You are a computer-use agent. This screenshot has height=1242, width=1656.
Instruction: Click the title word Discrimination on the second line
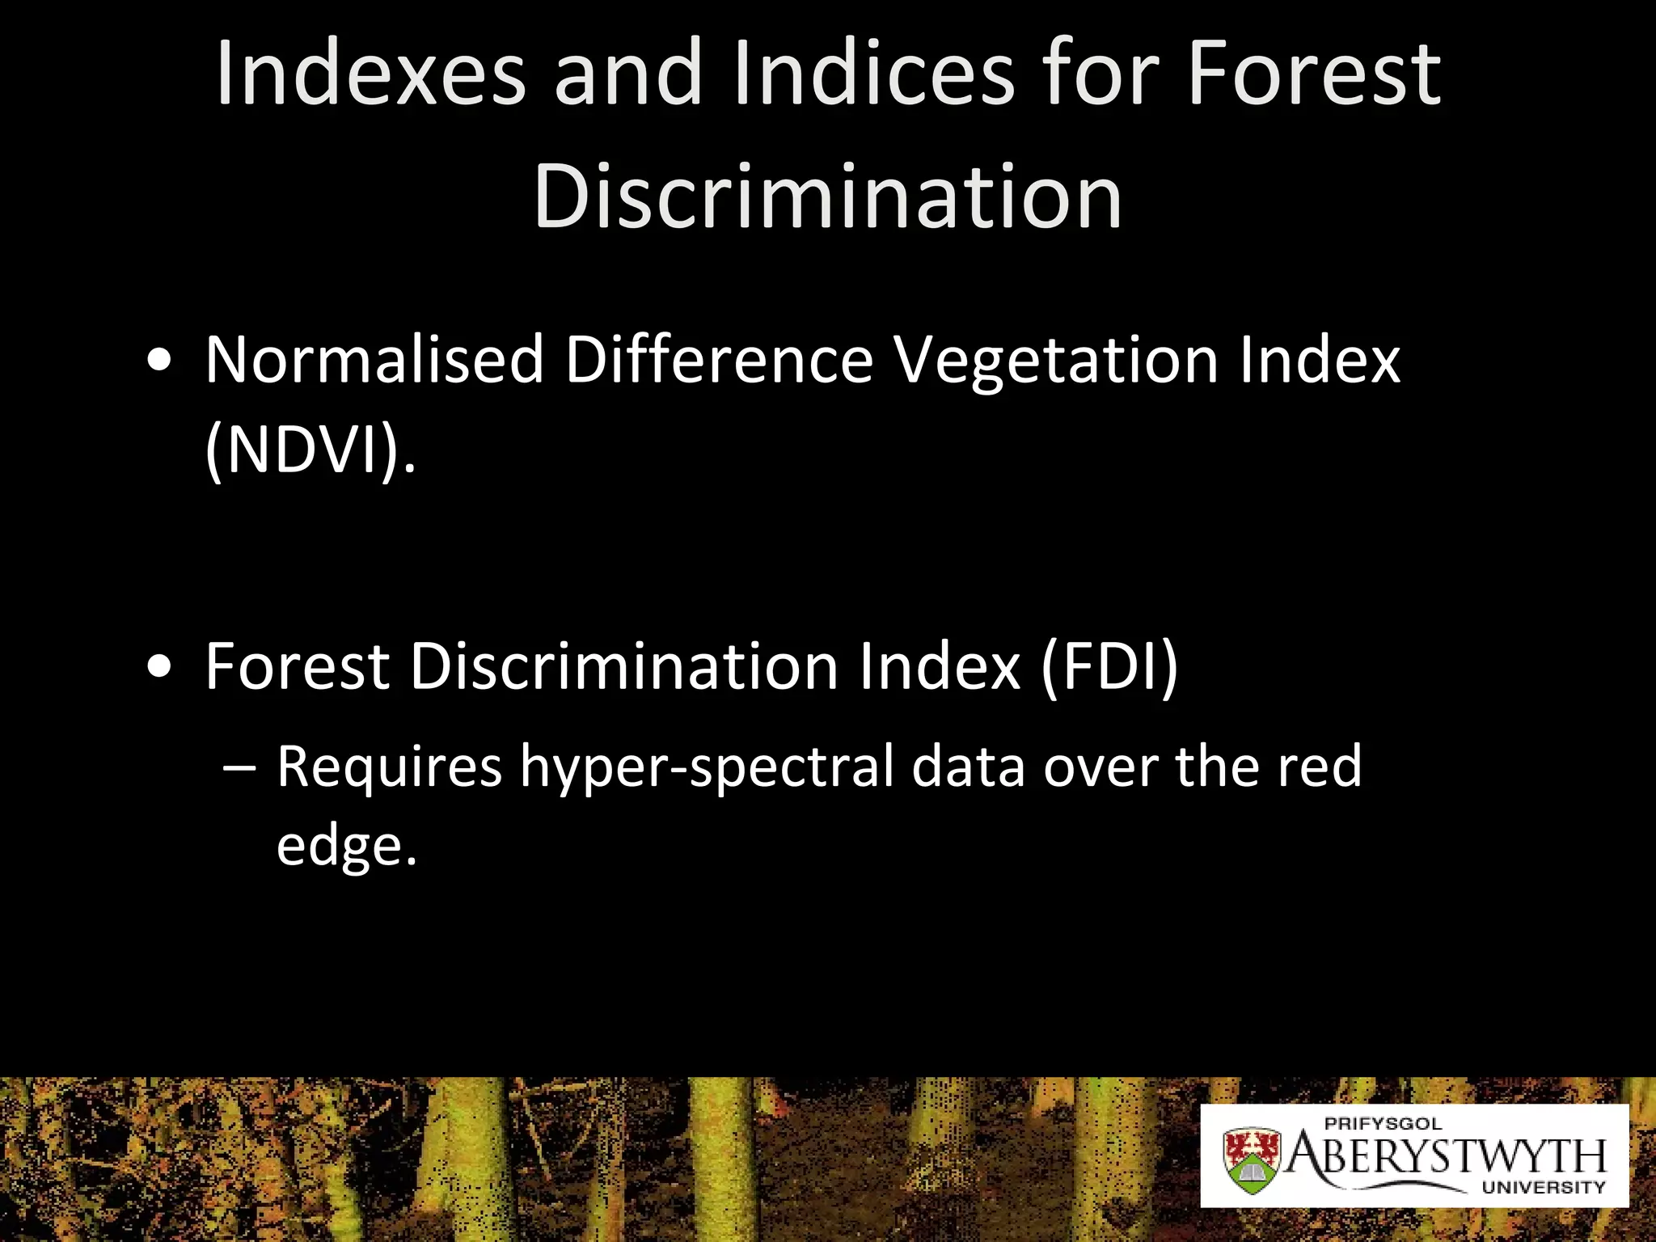(828, 196)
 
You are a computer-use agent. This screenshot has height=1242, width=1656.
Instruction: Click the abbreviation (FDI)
(1109, 666)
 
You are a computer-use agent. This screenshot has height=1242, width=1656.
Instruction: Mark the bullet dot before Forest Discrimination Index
(159, 667)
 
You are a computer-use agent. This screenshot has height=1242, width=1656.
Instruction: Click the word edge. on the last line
(346, 847)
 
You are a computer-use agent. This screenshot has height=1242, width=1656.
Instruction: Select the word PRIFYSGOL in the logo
(1383, 1123)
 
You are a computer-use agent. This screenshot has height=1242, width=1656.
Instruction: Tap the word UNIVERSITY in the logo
(1543, 1188)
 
